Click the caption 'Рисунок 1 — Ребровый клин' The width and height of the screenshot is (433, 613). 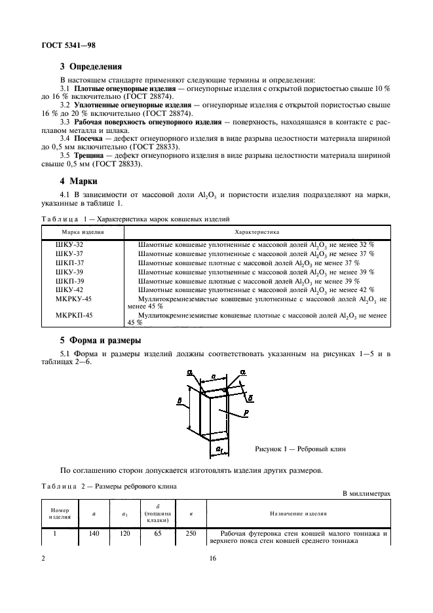tap(299, 449)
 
